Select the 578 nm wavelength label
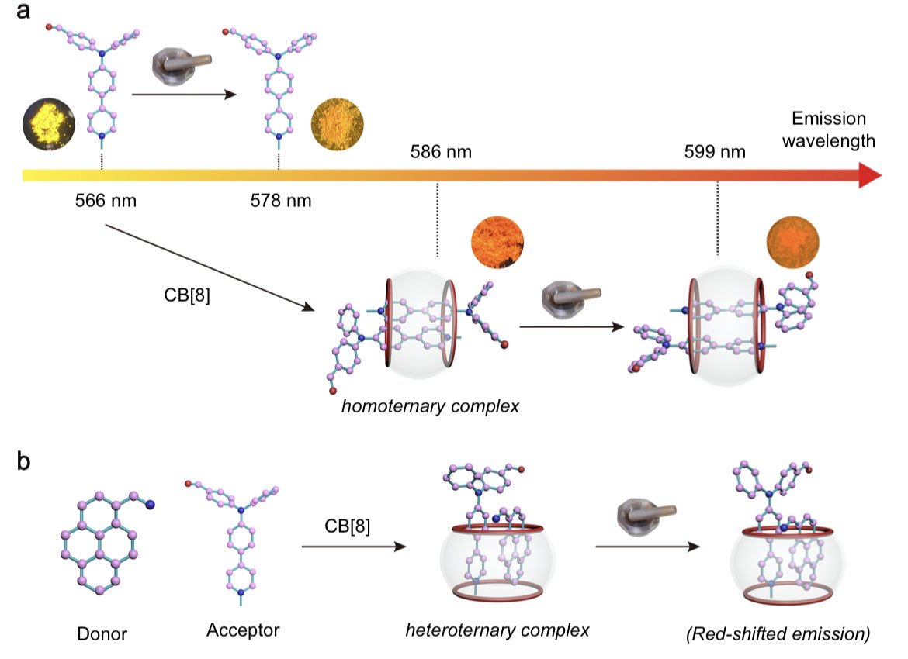pos(280,202)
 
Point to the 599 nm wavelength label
pos(715,151)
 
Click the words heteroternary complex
pos(497,630)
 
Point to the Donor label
pos(102,634)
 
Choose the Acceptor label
pos(243,630)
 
